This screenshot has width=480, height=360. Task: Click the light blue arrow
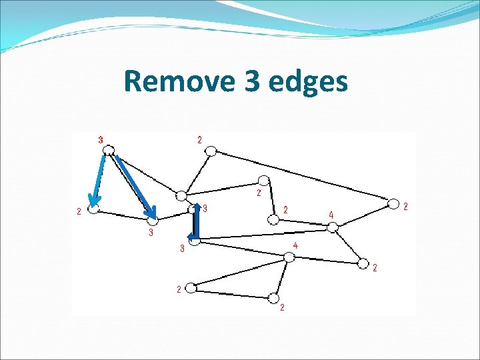99,180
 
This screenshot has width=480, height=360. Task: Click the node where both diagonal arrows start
109,150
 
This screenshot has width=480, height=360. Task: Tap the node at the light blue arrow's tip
93,209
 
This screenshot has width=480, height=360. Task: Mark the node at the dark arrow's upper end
194,209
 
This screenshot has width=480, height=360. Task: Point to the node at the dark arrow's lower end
194,241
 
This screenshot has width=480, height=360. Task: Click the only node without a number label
181,195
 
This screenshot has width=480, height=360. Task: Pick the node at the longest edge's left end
211,151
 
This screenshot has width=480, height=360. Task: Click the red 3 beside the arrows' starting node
101,140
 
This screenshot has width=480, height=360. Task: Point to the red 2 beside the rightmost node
406,207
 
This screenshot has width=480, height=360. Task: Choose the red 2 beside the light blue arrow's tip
79,212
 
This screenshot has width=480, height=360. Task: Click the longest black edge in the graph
301,177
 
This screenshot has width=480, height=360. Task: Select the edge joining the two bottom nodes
231,293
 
